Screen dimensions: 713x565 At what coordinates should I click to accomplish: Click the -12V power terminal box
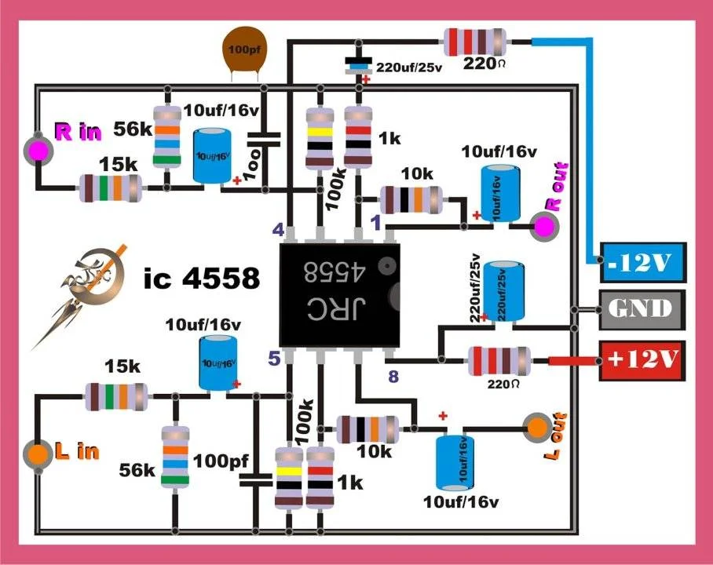coord(643,262)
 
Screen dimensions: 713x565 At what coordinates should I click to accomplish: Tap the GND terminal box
coord(642,309)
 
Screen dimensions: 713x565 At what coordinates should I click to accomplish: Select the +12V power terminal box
coord(642,360)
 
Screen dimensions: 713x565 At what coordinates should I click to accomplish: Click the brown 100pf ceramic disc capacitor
coord(245,49)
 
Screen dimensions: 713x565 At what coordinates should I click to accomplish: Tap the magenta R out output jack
coord(546,225)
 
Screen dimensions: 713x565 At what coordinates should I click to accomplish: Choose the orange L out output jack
coord(538,428)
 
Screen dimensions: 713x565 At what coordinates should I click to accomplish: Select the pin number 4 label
coord(278,230)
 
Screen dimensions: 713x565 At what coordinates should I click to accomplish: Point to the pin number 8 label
coord(393,377)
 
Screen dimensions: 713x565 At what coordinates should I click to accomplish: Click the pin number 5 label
coord(274,359)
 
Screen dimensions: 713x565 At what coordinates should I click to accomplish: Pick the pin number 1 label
coord(375,223)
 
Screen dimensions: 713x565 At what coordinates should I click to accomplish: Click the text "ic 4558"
coord(202,277)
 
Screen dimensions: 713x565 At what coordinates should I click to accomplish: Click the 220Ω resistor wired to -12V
coord(475,42)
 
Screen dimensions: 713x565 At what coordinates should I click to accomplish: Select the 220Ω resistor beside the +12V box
coord(499,361)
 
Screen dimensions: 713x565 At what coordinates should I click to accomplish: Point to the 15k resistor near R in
coord(111,188)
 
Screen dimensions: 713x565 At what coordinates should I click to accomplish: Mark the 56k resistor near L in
coord(175,457)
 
